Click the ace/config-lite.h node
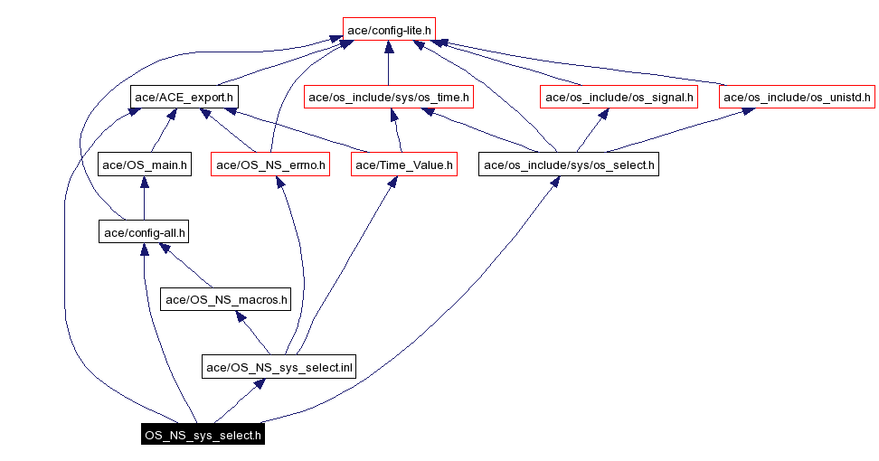389,30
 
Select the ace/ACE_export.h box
184,96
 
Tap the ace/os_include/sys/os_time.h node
389,96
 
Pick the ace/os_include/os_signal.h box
619,96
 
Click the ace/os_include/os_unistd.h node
797,96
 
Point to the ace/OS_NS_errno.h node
269,165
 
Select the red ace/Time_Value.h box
403,165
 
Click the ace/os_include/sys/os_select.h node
569,165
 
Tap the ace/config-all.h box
145,232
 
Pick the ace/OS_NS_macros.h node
225,298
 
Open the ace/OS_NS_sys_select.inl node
279,366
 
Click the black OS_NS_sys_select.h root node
203,435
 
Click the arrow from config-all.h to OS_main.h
145,199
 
